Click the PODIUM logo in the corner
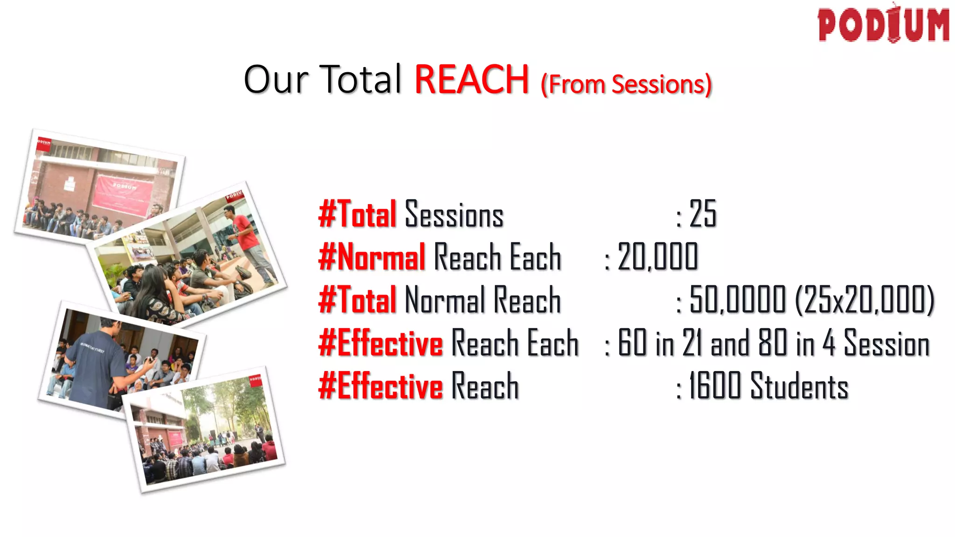coord(883,24)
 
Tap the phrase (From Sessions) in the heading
coord(626,84)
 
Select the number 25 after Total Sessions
coord(703,214)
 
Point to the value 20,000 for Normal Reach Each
coord(657,257)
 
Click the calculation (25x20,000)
coord(865,300)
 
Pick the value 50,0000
coord(737,300)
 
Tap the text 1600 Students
coord(768,386)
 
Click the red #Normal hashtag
coord(372,257)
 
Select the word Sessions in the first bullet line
coord(454,215)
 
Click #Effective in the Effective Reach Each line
coord(381,343)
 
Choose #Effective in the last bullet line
coord(381,386)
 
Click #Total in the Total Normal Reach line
coord(357,300)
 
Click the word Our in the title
coord(276,79)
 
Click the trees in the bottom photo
coord(224,406)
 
